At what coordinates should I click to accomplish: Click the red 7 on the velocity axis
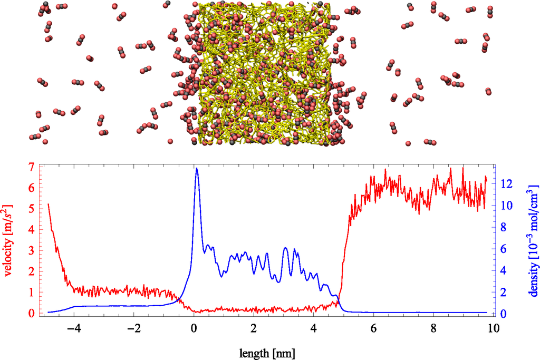(31, 167)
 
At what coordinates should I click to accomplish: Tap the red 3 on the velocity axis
(31, 251)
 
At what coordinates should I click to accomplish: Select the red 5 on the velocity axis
(31, 209)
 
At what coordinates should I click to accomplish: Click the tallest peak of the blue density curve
(197, 169)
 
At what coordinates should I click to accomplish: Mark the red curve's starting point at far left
(49, 204)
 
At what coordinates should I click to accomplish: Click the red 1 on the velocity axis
(31, 293)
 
